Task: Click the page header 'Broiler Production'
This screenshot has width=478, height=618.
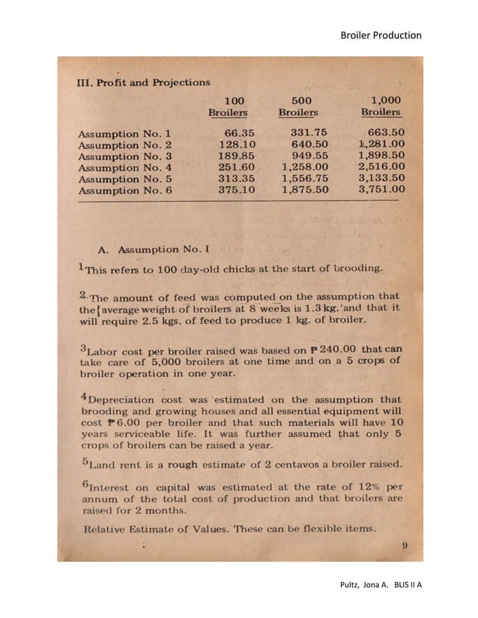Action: pyautogui.click(x=381, y=35)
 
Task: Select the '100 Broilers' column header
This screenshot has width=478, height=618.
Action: pyautogui.click(x=228, y=106)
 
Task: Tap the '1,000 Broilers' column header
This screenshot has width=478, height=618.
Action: pyautogui.click(x=381, y=106)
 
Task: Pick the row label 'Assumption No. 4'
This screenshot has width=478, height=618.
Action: pyautogui.click(x=125, y=167)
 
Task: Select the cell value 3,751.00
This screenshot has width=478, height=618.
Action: pyautogui.click(x=381, y=190)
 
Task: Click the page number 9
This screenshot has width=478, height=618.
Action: pyautogui.click(x=404, y=545)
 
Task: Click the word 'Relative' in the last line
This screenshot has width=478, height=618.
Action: pyautogui.click(x=103, y=529)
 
